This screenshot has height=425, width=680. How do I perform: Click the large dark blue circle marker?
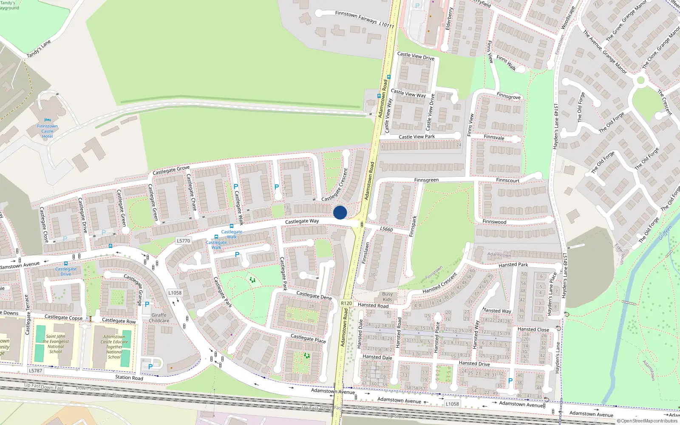[x=340, y=212]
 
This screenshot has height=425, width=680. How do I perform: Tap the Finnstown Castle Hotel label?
[x=47, y=131]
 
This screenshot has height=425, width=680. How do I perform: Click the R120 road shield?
[x=346, y=303]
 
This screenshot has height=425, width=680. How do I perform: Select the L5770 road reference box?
[x=183, y=241]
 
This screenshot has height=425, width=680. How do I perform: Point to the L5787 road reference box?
[x=35, y=371]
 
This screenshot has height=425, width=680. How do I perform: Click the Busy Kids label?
[x=387, y=297]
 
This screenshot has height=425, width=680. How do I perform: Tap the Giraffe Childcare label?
[x=159, y=318]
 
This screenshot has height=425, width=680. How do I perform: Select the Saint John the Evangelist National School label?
[x=56, y=344]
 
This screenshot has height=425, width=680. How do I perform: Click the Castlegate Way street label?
[x=302, y=221]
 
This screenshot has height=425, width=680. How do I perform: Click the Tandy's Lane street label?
[x=39, y=48]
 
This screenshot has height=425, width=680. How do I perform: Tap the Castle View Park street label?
[x=416, y=137]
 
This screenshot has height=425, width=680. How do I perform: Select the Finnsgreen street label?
[x=426, y=180]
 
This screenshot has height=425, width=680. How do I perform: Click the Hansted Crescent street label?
[x=439, y=283]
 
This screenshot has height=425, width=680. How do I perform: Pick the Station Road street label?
[x=129, y=377]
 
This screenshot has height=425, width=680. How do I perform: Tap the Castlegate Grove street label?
[x=171, y=170]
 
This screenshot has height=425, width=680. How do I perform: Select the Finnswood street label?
[x=494, y=222]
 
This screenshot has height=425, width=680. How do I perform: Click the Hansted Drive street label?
[x=474, y=363]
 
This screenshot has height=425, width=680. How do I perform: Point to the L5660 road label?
[x=386, y=229]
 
